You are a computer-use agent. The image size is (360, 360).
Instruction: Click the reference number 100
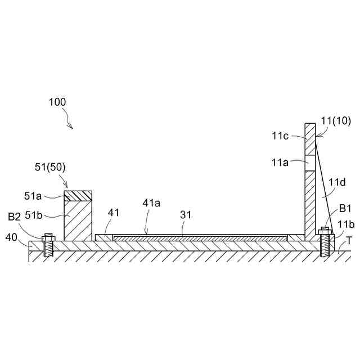coord(57,102)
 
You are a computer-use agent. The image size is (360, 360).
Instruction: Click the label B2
coord(15,216)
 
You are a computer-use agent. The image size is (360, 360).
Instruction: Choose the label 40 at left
coord(11,237)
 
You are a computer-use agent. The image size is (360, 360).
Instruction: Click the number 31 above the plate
coord(186,215)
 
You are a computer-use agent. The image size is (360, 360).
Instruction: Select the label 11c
coord(281,136)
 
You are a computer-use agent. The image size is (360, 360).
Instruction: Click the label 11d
coord(337,183)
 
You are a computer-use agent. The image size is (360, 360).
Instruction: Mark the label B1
coord(345,209)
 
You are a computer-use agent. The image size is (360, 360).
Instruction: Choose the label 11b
coord(346,223)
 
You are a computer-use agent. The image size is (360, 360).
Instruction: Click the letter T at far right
coord(349,240)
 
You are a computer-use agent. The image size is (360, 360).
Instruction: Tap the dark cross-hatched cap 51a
coord(78,195)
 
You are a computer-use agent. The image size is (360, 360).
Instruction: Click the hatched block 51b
coord(78,219)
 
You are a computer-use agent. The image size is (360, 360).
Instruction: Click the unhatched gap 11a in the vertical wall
coord(309,163)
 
